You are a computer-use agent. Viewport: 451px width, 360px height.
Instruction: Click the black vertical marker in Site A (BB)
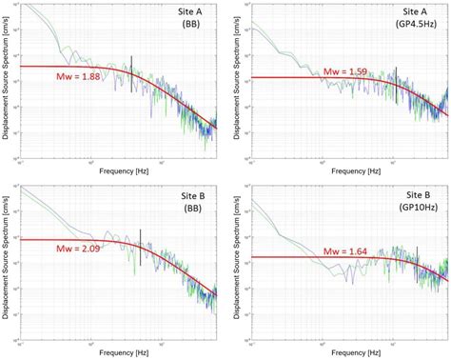coord(131,65)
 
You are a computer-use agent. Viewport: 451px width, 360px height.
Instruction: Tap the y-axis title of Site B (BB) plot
coord(6,263)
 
